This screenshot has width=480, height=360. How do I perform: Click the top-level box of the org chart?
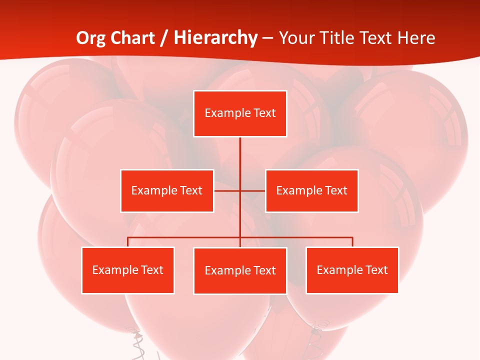tap(240, 113)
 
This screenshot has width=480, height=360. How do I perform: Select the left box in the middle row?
tap(167, 190)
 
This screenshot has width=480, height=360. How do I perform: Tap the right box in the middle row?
tap(311, 190)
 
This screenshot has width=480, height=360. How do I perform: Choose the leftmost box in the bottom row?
tap(128, 270)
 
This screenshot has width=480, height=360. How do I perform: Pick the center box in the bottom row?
tap(240, 270)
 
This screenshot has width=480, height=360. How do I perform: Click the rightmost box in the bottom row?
tap(352, 270)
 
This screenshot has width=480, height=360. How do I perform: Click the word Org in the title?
tap(90, 38)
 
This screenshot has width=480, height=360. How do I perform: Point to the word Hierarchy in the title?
tap(215, 38)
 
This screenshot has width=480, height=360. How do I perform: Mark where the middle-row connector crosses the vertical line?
tap(240, 190)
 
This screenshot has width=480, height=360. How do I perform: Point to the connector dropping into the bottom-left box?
tap(128, 242)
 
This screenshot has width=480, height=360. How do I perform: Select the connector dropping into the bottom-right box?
tap(352, 242)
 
